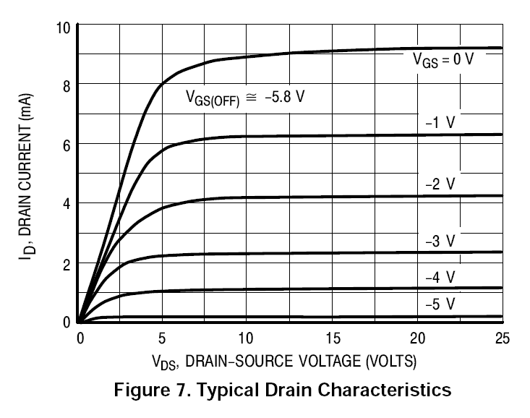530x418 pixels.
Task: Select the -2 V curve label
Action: click(440, 184)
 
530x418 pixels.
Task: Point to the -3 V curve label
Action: click(440, 240)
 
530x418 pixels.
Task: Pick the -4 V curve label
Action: click(440, 277)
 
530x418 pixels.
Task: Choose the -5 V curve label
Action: click(440, 304)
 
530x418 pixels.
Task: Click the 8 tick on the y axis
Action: click(66, 85)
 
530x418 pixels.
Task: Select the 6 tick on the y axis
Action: click(66, 145)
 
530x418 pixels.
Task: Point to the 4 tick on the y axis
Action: click(66, 204)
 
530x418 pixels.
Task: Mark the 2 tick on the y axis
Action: click(66, 263)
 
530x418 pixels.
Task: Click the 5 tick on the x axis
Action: click(163, 338)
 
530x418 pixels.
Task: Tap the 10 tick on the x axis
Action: click(247, 338)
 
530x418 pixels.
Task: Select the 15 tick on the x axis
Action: click(332, 338)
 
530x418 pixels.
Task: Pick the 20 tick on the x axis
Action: click(416, 338)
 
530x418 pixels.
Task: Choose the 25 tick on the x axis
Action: click(500, 338)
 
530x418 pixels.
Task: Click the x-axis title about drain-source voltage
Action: click(284, 359)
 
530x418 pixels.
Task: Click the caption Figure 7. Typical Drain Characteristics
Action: click(283, 391)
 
